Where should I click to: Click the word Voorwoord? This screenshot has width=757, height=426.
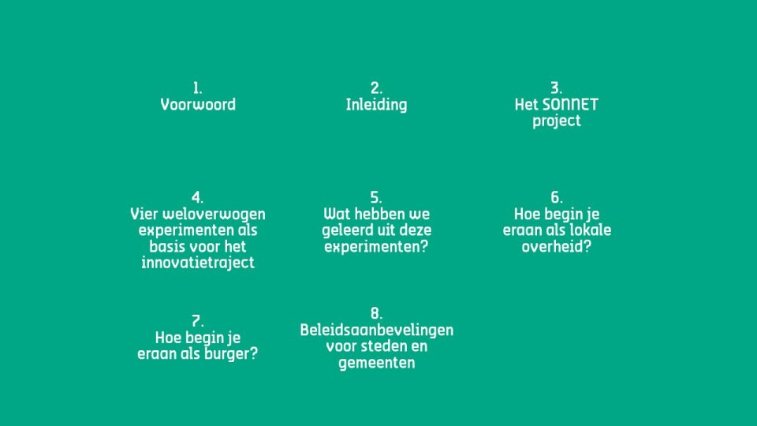pos(198,105)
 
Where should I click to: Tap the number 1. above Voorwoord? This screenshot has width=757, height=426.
pos(197,88)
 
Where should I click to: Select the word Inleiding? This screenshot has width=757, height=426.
pos(377,105)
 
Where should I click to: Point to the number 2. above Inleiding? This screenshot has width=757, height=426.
pos(377,88)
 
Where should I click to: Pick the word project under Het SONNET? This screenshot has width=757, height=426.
pos(557,121)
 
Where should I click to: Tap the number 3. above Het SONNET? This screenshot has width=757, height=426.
pos(556,88)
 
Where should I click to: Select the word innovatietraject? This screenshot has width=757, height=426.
pos(198,263)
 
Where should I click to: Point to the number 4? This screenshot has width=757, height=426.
pos(197,197)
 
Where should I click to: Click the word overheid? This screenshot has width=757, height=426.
pos(557,246)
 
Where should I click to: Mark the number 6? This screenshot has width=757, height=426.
pos(557,197)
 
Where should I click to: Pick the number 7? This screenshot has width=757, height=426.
pos(197,321)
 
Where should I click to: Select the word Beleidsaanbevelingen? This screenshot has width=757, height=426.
pos(377,331)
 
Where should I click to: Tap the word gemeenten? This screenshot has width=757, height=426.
pos(377,363)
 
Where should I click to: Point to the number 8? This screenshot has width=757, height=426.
pos(377,314)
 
